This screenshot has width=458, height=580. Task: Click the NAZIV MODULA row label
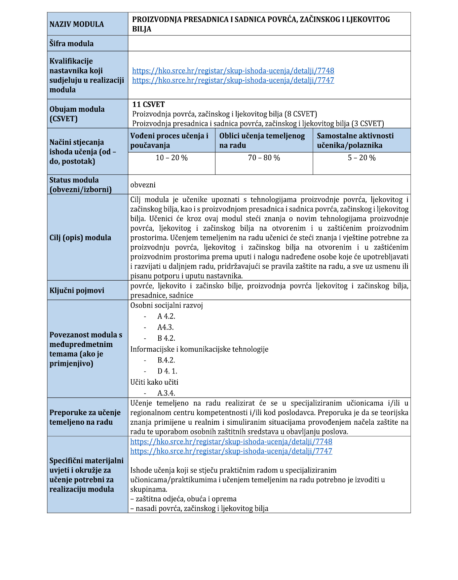(x=77, y=24)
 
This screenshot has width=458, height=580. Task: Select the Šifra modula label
(x=71, y=43)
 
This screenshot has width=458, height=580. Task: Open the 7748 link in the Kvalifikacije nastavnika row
(x=233, y=70)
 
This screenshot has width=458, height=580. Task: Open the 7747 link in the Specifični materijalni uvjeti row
(x=231, y=451)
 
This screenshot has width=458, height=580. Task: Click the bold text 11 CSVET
(x=148, y=104)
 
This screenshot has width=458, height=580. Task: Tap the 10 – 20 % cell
(x=172, y=158)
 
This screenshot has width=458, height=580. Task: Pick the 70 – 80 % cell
(x=264, y=158)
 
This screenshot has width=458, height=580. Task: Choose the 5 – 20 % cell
(x=362, y=158)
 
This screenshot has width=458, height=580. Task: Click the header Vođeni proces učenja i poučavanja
(x=169, y=140)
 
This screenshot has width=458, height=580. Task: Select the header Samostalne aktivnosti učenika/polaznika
(x=355, y=140)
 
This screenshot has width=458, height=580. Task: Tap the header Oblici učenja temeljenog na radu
(x=262, y=140)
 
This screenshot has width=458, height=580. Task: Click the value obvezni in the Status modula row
(x=143, y=185)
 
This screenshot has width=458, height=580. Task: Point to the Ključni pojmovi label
(x=77, y=290)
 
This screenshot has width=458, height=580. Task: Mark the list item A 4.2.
(x=166, y=316)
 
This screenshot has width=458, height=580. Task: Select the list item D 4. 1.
(x=167, y=371)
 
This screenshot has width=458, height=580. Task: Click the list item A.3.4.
(x=166, y=393)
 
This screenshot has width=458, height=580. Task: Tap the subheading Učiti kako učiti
(x=154, y=382)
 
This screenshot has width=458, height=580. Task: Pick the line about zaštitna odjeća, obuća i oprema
(x=183, y=499)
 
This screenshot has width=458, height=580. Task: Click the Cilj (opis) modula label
(x=80, y=238)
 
